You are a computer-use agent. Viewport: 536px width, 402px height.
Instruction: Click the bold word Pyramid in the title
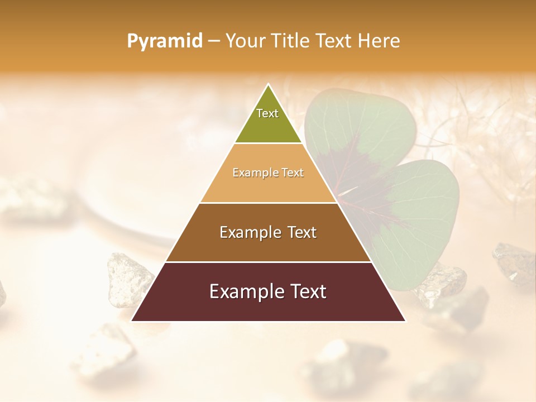point(165,41)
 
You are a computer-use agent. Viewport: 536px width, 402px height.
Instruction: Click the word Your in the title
point(246,41)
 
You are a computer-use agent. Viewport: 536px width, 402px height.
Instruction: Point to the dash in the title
point(214,41)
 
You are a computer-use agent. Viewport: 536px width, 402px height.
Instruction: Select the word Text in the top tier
point(267,113)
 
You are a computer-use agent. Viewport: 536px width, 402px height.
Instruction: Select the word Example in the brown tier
point(249,232)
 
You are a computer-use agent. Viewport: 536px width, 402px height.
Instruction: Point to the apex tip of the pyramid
point(269,85)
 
